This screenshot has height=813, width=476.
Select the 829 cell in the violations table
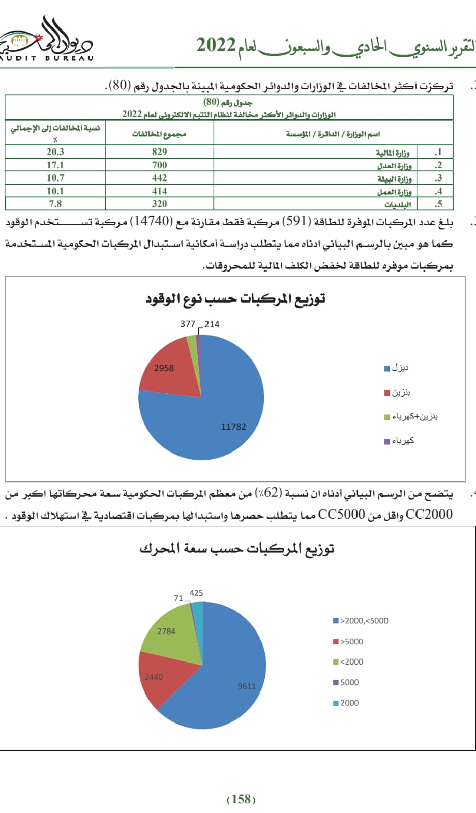click(x=159, y=152)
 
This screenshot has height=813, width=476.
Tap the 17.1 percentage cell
click(x=55, y=165)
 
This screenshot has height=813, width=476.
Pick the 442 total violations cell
click(x=159, y=178)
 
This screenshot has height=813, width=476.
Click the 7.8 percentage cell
click(x=55, y=204)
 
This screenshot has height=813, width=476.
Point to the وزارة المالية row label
click(x=393, y=153)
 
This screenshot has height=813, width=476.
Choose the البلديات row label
click(x=397, y=204)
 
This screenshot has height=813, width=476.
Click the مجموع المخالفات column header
click(x=159, y=134)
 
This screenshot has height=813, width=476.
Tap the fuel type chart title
click(x=235, y=299)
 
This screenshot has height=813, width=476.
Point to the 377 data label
click(x=188, y=324)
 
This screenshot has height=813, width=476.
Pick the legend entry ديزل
click(x=397, y=368)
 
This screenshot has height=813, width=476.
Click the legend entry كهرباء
click(x=400, y=441)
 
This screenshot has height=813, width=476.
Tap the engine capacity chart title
click(x=236, y=549)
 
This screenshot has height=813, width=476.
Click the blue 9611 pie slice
click(x=229, y=681)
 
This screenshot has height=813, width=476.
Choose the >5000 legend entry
click(x=348, y=642)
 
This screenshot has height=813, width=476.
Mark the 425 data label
click(x=196, y=593)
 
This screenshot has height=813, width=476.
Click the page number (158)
click(x=241, y=799)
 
